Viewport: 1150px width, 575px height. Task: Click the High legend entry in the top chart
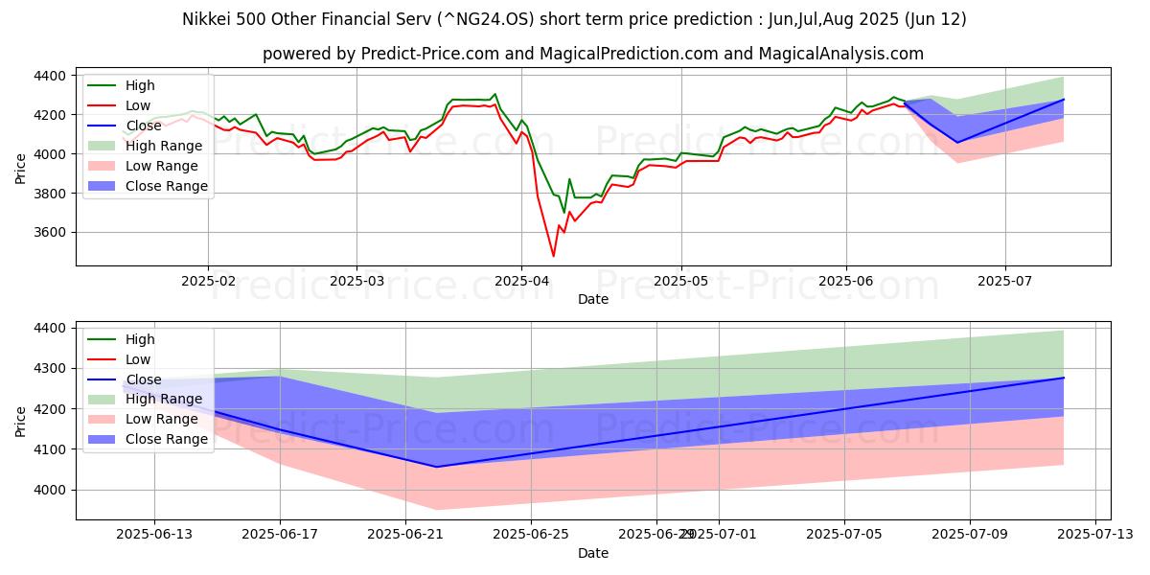click(x=140, y=85)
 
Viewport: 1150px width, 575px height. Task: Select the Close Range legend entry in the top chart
click(x=167, y=186)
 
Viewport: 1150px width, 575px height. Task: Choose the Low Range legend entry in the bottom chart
click(x=164, y=419)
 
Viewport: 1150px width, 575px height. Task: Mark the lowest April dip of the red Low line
click(x=553, y=256)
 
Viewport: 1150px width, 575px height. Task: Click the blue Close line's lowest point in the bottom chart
click(x=437, y=467)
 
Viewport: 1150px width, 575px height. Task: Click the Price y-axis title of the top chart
click(x=21, y=167)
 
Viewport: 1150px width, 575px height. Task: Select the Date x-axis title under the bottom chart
click(x=592, y=553)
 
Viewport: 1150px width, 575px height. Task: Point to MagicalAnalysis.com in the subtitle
click(x=840, y=54)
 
